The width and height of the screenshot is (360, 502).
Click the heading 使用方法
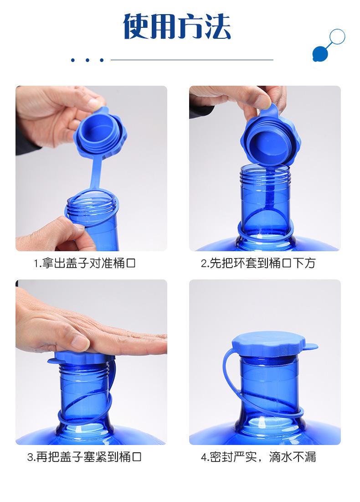[177, 26]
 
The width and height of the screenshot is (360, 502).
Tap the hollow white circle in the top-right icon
[337, 36]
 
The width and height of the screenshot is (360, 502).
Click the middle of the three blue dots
[87, 60]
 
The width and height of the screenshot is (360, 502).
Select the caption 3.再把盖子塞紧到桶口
[84, 456]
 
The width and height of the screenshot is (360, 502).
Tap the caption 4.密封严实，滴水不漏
[258, 456]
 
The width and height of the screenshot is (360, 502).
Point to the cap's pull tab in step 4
[310, 347]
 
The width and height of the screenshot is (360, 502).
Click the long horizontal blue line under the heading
[192, 60]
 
